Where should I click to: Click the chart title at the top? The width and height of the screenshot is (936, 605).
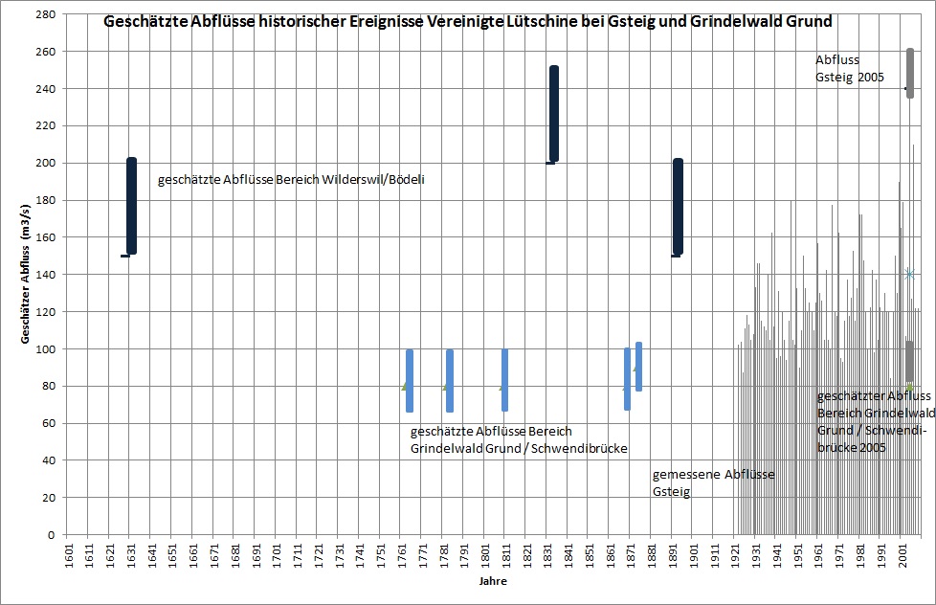point(467,21)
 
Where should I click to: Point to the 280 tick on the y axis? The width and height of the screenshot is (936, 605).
point(44,14)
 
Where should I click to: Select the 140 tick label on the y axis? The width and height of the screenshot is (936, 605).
point(44,275)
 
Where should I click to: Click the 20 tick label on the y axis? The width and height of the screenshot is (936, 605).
point(47,498)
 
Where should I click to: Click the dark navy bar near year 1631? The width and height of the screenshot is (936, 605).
point(132,206)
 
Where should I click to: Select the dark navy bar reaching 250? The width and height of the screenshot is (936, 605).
point(553,114)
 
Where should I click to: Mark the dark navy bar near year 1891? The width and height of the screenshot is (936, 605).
point(678,207)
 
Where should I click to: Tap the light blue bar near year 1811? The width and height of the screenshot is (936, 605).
point(505,380)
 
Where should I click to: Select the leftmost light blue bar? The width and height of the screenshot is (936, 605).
point(410,380)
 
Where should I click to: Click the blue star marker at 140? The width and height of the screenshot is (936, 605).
point(910,275)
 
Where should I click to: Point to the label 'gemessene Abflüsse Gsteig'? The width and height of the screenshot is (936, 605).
point(713,483)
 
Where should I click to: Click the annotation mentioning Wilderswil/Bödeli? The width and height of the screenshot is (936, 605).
point(291,179)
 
